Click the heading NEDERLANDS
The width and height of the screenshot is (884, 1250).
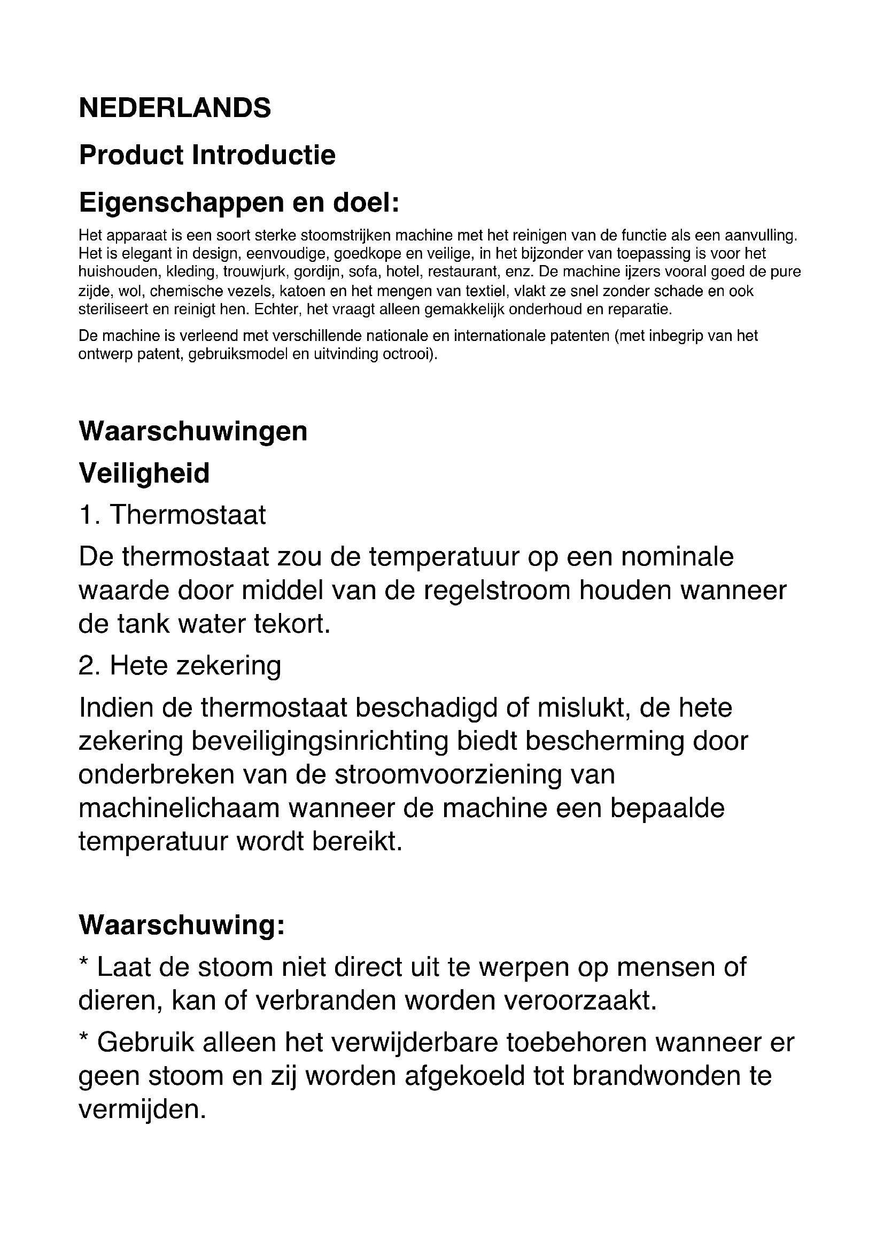(175, 108)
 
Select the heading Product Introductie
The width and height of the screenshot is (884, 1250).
(207, 155)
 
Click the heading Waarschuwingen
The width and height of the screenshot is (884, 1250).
(193, 431)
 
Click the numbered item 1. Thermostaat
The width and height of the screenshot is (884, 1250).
(173, 515)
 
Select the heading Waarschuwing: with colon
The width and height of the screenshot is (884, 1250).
(182, 925)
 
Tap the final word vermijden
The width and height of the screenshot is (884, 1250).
(143, 1109)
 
